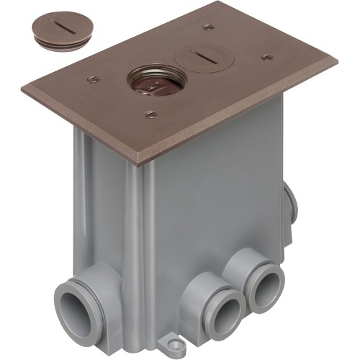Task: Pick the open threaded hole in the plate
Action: tap(148, 83)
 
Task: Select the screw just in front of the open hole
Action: tap(150, 113)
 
